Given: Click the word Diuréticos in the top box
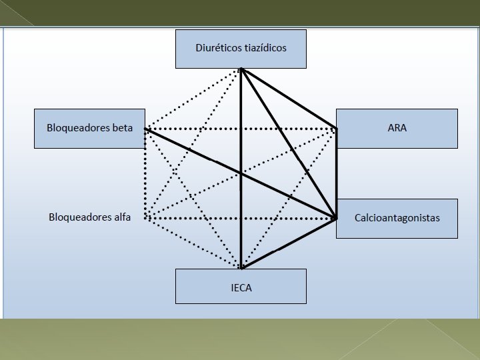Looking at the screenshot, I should coord(217,48).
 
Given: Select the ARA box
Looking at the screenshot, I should coord(397,128).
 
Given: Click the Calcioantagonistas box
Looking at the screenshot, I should coord(397,218).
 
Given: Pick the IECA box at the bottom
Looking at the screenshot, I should coord(241,287).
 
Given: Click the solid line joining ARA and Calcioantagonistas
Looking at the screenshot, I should coord(337,173).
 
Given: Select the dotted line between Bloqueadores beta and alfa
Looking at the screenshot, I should coord(145,173).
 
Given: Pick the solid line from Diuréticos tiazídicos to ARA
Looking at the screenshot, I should coord(289,98).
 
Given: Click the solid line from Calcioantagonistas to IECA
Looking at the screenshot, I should coord(289,243).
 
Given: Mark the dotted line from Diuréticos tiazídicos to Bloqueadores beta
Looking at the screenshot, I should coord(193,98).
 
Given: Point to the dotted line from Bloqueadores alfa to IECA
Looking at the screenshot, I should coord(193,243).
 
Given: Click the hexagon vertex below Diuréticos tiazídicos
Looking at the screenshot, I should coord(241,69).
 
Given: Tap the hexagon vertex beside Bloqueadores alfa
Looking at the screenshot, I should coord(145,218).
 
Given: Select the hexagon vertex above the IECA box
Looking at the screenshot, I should coord(241,268).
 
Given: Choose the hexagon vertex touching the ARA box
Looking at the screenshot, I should coord(337,128).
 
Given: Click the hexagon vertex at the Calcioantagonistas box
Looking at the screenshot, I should coord(336,218).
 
